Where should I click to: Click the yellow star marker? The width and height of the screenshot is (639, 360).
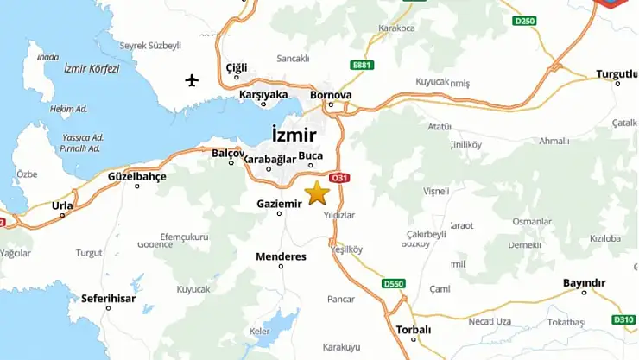tap(317, 192)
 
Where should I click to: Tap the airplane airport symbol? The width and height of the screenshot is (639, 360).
tap(192, 81)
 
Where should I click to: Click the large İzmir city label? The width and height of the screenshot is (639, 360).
tap(294, 136)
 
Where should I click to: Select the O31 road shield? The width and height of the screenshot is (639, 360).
tap(341, 178)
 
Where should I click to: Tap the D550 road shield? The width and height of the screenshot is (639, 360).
tap(393, 283)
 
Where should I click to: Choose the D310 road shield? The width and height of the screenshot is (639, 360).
tap(623, 319)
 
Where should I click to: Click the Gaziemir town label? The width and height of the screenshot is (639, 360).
tap(279, 204)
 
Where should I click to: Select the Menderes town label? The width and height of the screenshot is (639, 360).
tap(281, 256)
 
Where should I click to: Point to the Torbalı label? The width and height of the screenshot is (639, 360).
tap(413, 329)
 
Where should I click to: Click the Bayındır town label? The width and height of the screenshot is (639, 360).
tap(584, 282)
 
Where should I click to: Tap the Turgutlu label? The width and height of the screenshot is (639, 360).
tap(617, 74)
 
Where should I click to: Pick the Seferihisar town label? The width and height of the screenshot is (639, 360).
tap(108, 298)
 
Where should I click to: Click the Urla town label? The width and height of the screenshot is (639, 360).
tap(62, 205)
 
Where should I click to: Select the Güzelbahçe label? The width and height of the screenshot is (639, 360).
tap(136, 175)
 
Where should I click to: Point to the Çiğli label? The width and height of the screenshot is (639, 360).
tap(237, 67)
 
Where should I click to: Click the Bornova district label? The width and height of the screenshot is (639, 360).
tap(331, 95)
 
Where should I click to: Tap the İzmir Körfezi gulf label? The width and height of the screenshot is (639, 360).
tap(92, 68)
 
